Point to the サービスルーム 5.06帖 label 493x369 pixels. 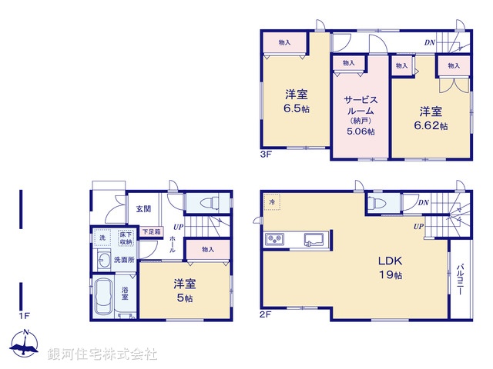[x=360, y=115]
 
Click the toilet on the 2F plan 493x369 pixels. [x=377, y=203]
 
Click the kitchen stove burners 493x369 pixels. [x=275, y=240]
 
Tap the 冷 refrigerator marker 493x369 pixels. [x=272, y=201]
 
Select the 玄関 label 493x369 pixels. [x=144, y=208]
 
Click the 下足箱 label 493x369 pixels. [x=151, y=231]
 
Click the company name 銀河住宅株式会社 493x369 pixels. [x=102, y=354]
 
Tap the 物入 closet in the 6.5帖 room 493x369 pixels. [x=284, y=42]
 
